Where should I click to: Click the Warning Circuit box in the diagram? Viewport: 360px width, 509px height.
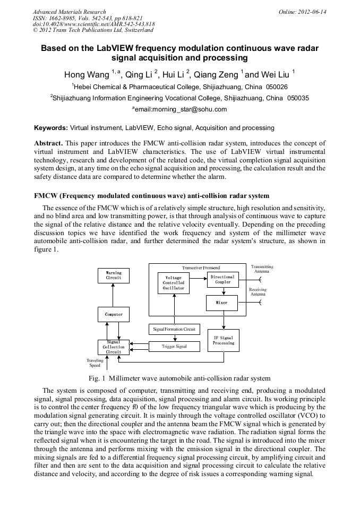(x=113, y=275)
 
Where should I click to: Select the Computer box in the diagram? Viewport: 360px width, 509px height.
(x=113, y=314)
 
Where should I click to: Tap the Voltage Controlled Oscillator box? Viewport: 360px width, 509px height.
(x=174, y=283)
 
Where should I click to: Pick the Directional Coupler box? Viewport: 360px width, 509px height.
(x=222, y=280)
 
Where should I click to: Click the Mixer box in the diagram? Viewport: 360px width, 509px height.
(x=222, y=303)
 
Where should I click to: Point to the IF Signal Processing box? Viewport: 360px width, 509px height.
(x=223, y=340)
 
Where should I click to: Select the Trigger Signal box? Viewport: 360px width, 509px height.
(x=174, y=347)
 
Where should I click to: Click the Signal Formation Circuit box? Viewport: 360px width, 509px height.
(x=174, y=329)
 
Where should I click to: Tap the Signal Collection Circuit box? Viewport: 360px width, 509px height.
(x=113, y=347)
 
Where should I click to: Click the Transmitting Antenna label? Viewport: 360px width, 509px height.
(x=262, y=269)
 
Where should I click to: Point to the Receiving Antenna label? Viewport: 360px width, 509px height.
(x=258, y=291)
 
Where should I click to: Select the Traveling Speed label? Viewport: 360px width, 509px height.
(x=95, y=363)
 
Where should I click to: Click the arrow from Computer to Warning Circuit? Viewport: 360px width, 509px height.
(x=113, y=295)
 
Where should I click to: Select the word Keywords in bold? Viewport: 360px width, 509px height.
(x=50, y=128)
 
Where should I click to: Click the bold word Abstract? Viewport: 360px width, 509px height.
(x=48, y=143)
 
